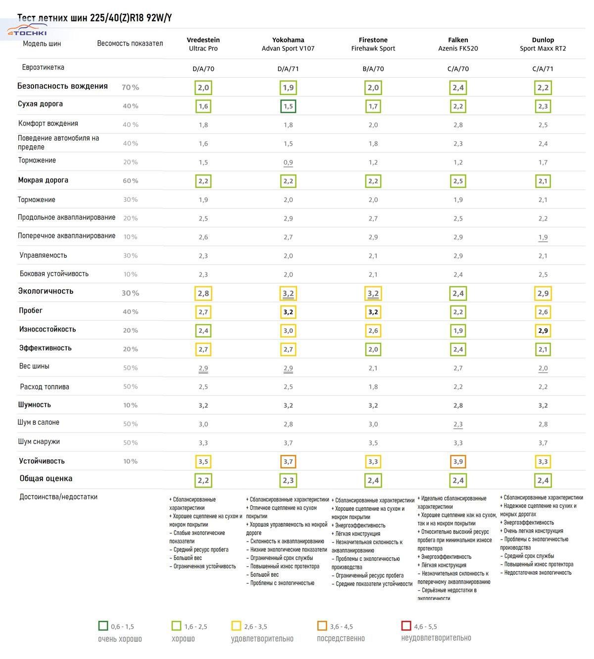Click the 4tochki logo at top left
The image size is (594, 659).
[27, 30]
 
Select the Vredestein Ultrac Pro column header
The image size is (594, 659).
[203, 44]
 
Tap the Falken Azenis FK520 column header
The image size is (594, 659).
[458, 44]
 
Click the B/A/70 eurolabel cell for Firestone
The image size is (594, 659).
[373, 69]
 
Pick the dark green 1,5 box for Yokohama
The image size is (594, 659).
[288, 106]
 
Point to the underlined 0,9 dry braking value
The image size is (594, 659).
[288, 163]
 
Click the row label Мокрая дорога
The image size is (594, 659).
[43, 180]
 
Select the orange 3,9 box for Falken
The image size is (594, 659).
[458, 462]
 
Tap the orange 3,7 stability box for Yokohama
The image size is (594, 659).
[288, 462]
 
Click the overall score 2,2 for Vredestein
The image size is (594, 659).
[203, 480]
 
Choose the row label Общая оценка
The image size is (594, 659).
[46, 478]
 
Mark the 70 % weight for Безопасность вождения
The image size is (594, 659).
[130, 87]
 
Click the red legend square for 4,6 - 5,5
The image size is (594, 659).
[406, 625]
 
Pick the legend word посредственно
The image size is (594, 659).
[341, 638]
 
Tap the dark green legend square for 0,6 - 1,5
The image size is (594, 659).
[103, 625]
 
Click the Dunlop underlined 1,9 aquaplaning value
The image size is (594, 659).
[543, 237]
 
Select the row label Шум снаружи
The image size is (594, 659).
[39, 441]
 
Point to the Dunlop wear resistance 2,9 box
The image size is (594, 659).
[543, 330]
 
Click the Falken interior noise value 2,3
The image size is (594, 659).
[458, 424]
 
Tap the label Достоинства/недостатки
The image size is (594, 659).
[58, 496]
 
